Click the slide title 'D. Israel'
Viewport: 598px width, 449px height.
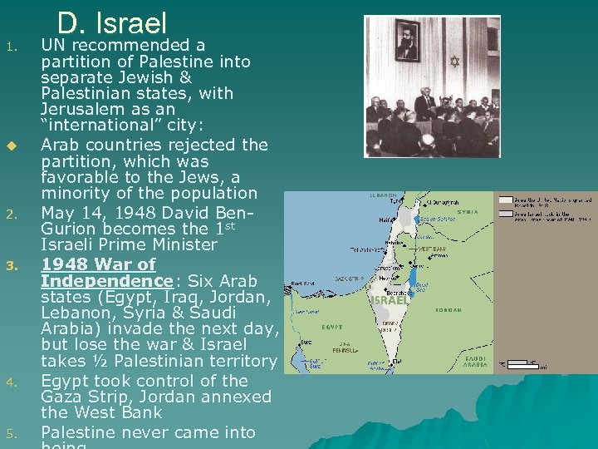[x=112, y=22]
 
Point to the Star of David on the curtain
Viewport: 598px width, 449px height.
[x=454, y=61]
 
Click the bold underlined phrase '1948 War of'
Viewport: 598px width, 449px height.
[x=98, y=264]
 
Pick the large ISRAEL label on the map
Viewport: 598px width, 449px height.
[x=390, y=300]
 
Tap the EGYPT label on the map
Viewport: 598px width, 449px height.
[x=333, y=328]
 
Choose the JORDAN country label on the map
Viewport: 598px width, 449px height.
[x=448, y=309]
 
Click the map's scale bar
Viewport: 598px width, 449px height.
[x=523, y=363]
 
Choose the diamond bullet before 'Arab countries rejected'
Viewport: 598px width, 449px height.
[x=12, y=146]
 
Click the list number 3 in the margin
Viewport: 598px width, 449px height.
[x=12, y=266]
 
